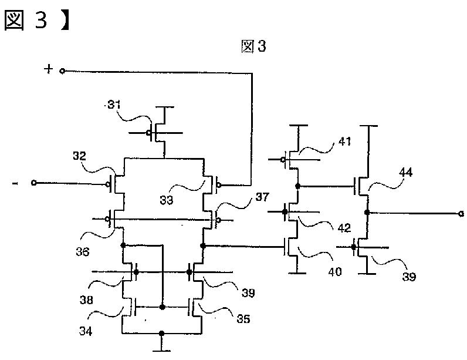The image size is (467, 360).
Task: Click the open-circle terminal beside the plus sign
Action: point(63,71)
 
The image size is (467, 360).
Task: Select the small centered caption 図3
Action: point(254,47)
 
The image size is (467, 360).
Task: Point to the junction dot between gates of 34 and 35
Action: point(161,306)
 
